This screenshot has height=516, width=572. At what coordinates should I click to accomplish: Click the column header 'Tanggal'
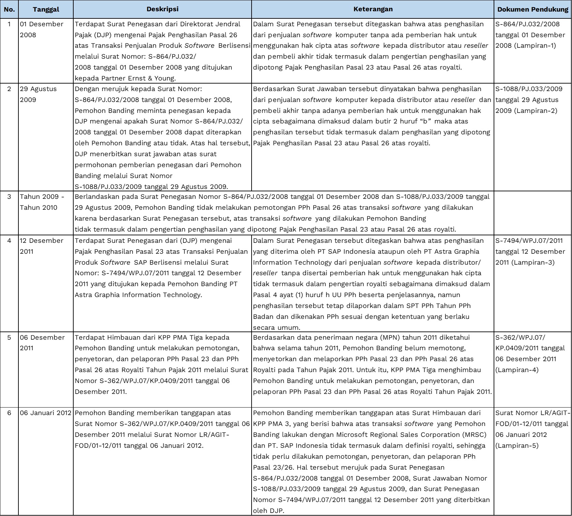46,9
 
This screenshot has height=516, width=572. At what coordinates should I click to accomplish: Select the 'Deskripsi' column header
162,9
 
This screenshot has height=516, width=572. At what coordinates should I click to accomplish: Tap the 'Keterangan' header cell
373,9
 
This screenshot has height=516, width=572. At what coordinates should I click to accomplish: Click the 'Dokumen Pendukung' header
532,9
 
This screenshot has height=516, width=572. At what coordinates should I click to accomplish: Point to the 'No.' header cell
9,9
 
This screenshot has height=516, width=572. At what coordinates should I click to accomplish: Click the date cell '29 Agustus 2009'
38,94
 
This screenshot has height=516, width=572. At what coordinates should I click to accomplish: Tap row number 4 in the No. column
9,240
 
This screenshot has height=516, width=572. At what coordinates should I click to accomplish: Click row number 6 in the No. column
9,413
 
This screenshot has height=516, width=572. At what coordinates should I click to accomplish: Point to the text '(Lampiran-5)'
517,446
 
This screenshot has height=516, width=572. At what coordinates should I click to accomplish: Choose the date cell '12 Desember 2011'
42,246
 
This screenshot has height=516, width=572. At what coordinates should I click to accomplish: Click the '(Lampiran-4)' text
517,370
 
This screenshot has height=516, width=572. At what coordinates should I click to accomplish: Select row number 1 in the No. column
9,24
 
